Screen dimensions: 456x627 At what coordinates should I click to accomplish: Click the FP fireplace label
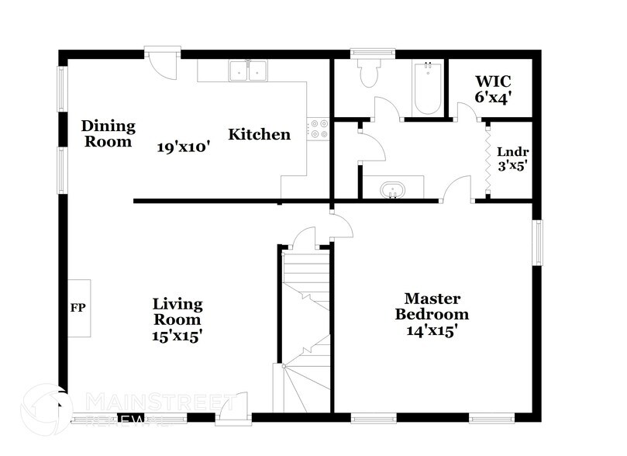(x=78, y=308)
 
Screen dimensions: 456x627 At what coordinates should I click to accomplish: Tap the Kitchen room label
(x=259, y=134)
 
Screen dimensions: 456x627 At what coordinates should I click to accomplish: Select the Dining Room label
(x=109, y=133)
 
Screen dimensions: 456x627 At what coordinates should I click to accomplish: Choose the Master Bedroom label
(x=432, y=306)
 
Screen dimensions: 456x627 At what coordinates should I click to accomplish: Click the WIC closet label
(x=493, y=81)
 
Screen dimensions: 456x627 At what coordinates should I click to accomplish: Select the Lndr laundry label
(x=513, y=152)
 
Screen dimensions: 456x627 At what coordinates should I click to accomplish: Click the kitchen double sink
(x=248, y=71)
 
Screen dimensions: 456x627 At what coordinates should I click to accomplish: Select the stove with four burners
(x=318, y=128)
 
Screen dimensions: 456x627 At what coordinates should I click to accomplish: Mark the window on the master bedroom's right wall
(x=536, y=242)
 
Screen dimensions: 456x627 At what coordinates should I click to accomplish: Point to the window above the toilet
(x=373, y=54)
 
